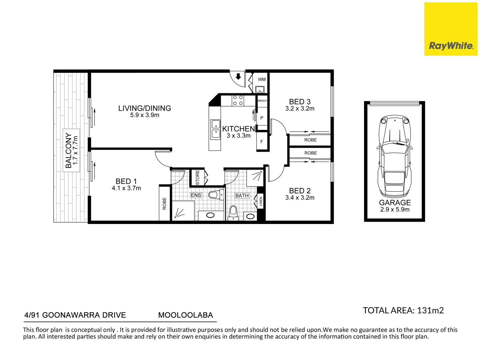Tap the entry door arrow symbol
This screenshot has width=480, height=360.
[x=238, y=77]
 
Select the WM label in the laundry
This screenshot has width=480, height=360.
[x=262, y=79]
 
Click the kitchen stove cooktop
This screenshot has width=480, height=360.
[x=238, y=100]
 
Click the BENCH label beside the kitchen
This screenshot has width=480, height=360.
[x=262, y=101]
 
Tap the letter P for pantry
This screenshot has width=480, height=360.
[x=262, y=118]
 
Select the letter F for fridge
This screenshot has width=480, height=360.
[x=262, y=142]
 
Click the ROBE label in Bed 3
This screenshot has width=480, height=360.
[x=310, y=140]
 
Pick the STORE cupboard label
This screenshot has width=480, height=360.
[x=197, y=177]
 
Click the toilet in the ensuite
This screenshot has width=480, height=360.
[x=216, y=194]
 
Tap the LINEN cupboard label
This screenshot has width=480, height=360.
[x=260, y=201]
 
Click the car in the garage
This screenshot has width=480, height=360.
[x=394, y=156]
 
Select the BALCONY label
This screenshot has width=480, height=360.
[x=68, y=150]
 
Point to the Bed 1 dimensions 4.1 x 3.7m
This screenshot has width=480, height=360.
[x=126, y=188]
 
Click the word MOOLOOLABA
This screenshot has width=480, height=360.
[x=185, y=315]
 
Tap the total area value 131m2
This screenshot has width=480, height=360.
[x=430, y=310]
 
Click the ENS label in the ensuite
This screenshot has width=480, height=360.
[x=196, y=195]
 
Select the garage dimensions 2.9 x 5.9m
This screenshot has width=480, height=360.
[x=395, y=209]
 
